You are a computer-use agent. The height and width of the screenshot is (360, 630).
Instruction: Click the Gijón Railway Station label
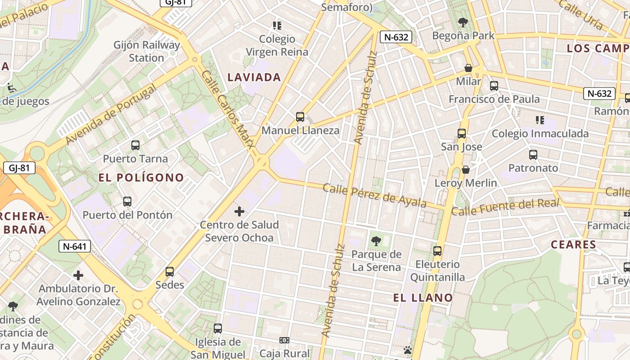point(147,51)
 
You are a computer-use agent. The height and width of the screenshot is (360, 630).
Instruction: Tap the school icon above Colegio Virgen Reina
point(277,25)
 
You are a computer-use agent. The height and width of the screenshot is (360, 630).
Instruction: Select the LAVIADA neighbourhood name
point(254,77)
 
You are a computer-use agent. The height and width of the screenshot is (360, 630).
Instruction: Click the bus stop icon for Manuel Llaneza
point(300,117)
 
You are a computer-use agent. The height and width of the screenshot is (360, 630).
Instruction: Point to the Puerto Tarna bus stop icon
point(135,145)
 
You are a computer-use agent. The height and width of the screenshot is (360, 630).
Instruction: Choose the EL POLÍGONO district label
point(141,178)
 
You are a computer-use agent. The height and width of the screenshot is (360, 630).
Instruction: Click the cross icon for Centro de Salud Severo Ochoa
point(239,211)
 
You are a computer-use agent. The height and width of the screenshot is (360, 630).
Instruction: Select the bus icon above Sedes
point(170,271)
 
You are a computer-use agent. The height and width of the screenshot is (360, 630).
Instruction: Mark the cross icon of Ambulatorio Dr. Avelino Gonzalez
point(78,275)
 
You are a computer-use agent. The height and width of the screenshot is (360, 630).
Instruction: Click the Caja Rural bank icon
point(284,340)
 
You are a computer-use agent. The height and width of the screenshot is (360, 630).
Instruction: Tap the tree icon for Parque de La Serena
point(376,241)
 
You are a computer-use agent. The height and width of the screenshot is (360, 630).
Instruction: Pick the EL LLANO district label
point(423,297)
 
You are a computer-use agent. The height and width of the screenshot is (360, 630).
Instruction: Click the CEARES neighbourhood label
point(573,245)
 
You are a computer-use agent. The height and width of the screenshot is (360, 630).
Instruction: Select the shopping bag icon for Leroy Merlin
point(466,170)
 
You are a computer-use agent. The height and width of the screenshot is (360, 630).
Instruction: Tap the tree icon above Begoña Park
point(463,22)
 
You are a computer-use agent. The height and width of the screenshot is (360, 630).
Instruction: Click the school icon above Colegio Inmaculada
point(540,120)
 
